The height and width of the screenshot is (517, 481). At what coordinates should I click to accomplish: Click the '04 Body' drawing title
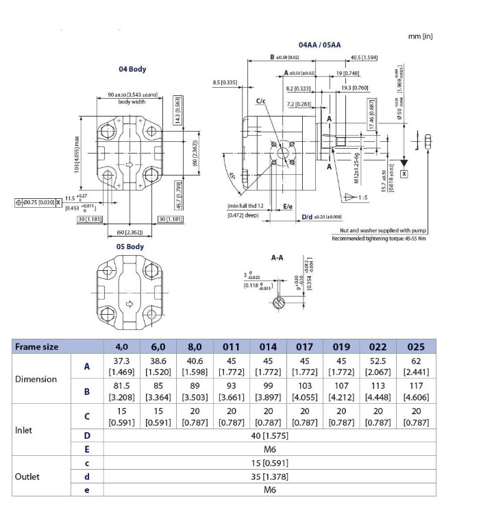[x=132, y=69]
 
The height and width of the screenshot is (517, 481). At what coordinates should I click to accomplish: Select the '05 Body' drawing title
[x=130, y=246]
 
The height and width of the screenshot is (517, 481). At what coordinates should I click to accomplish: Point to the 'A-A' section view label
[x=277, y=258]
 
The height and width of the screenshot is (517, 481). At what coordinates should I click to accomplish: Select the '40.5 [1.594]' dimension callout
[x=364, y=58]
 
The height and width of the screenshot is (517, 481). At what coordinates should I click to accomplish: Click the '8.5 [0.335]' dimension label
[x=225, y=82]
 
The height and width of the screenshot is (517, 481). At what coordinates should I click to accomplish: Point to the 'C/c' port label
[x=261, y=101]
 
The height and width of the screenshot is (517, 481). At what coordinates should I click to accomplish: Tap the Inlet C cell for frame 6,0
[x=158, y=417]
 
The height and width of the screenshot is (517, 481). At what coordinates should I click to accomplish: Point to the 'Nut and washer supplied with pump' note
[x=383, y=231]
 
